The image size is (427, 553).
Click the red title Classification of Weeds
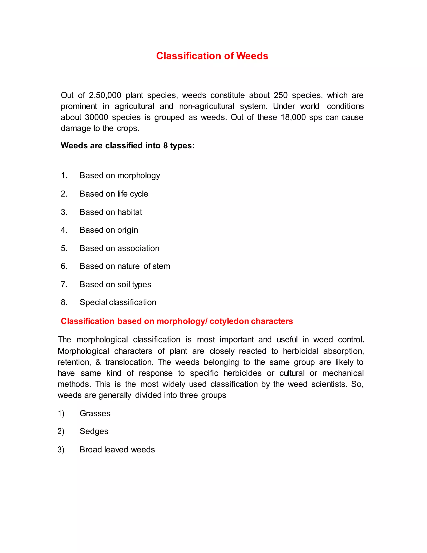(x=212, y=56)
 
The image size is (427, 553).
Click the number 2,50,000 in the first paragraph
(x=105, y=95)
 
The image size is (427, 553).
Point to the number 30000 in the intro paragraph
(x=96, y=117)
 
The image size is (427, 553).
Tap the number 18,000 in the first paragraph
(x=293, y=117)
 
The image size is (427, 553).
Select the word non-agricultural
(x=206, y=106)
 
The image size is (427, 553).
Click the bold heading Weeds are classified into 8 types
(x=127, y=146)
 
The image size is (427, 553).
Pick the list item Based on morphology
(x=120, y=175)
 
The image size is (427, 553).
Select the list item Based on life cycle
(x=114, y=194)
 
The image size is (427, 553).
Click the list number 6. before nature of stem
(x=64, y=266)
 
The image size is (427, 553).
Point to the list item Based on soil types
(x=115, y=284)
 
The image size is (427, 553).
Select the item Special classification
(x=118, y=302)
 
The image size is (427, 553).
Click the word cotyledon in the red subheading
(x=229, y=321)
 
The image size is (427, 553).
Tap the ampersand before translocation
(x=98, y=362)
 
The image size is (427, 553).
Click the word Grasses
(x=95, y=413)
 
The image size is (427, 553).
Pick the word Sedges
(x=94, y=431)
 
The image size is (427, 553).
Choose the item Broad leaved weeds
(x=117, y=449)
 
